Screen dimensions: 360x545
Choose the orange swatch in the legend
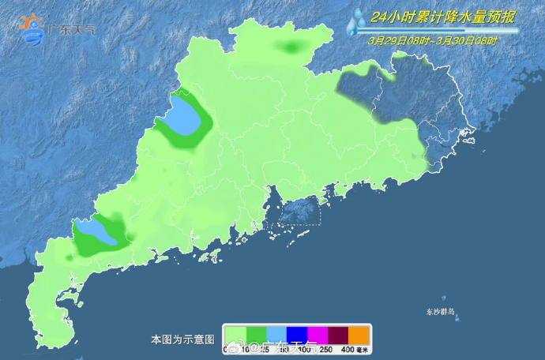point(359,334)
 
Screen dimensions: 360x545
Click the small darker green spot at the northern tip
point(293,49)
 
